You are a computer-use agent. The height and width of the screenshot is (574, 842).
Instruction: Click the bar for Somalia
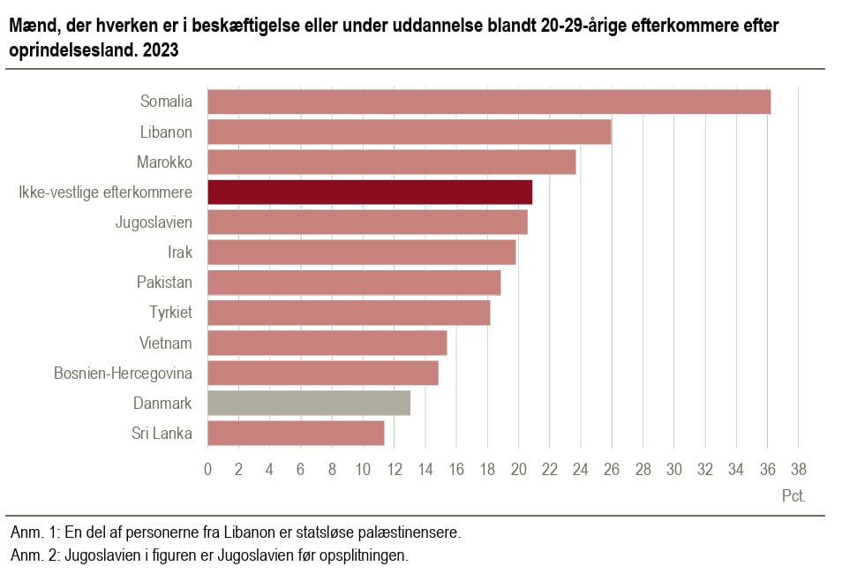(x=489, y=102)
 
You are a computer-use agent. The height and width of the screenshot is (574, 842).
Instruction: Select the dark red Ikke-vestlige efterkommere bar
(x=370, y=192)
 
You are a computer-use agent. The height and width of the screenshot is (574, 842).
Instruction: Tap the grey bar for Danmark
(x=309, y=403)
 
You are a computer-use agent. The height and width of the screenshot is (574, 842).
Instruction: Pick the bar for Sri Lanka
(x=296, y=433)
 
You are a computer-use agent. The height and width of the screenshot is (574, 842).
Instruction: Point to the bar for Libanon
(x=410, y=132)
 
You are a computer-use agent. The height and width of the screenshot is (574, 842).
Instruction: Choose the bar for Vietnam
(x=327, y=343)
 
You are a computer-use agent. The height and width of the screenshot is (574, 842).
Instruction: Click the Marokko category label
(x=164, y=162)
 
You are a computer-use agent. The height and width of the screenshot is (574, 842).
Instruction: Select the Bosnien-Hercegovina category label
(x=123, y=373)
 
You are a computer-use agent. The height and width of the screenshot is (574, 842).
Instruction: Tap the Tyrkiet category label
(x=170, y=312)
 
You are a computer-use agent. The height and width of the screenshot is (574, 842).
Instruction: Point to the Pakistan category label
(x=164, y=282)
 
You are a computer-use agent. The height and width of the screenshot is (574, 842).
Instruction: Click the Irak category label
(x=179, y=252)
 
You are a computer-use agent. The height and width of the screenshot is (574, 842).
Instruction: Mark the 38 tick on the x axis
(x=798, y=469)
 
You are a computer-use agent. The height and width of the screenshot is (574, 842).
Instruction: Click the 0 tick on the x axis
(x=207, y=469)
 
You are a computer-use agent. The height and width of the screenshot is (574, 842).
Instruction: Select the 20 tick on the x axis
(x=518, y=469)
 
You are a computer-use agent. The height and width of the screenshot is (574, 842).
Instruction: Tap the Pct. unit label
(x=793, y=496)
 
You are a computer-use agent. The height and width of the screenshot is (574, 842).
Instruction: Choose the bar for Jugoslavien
(x=367, y=222)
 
